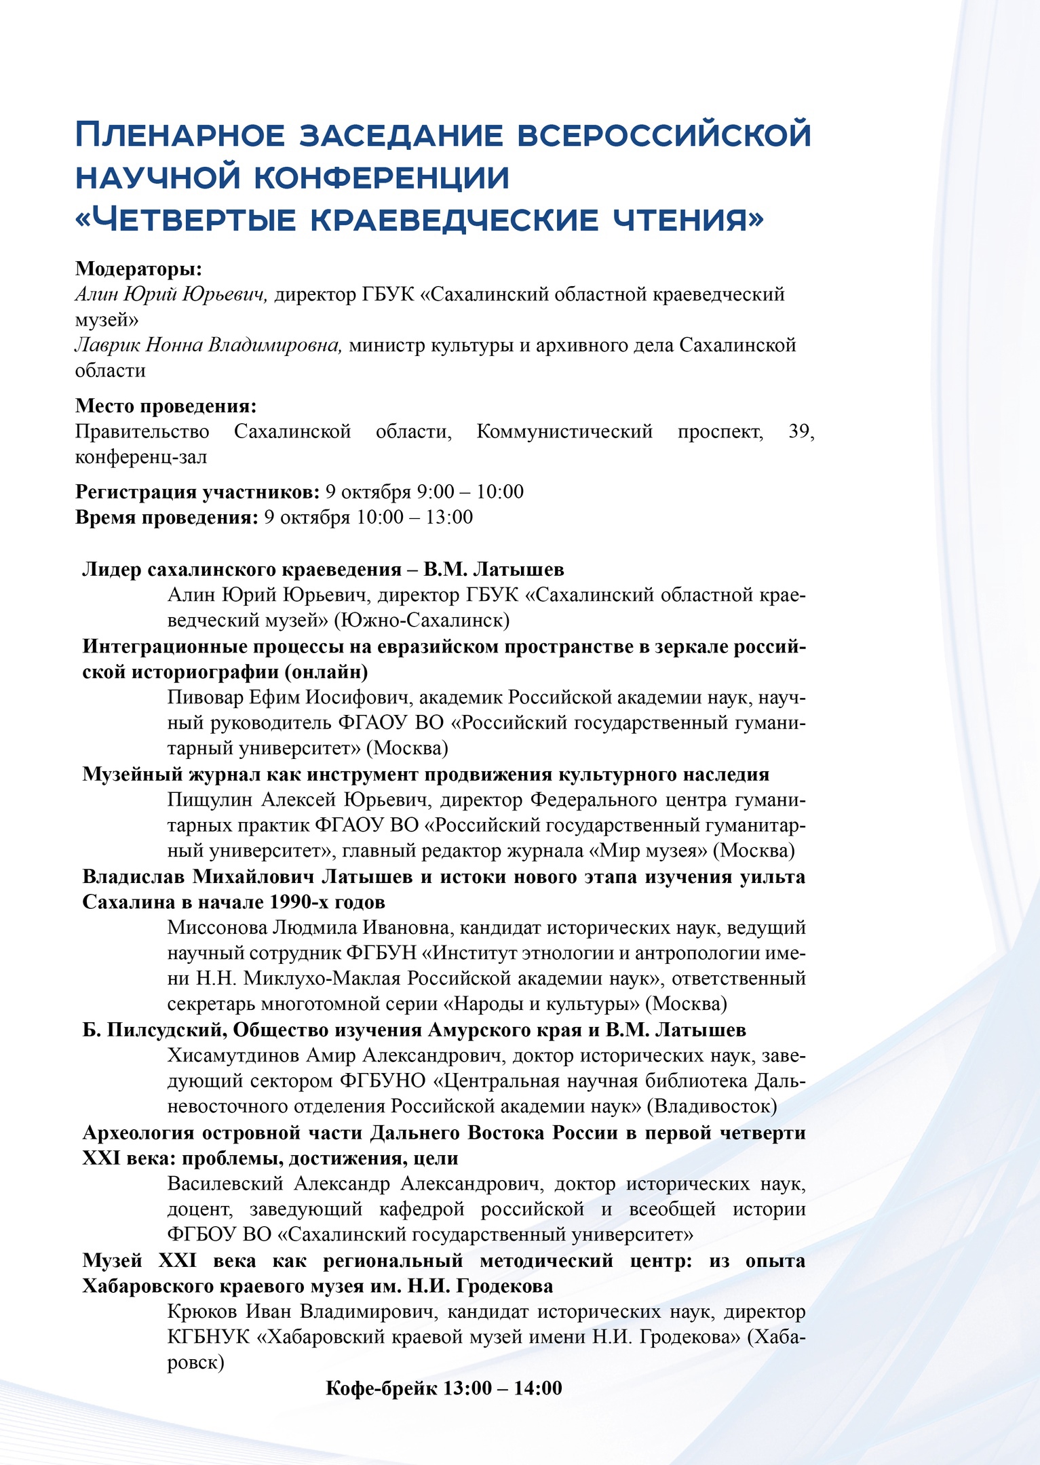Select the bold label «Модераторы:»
(x=138, y=269)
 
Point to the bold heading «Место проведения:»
(x=166, y=406)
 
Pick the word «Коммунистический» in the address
(x=564, y=431)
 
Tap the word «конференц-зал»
(x=141, y=457)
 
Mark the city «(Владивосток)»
(x=712, y=1107)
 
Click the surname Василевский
(x=225, y=1184)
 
